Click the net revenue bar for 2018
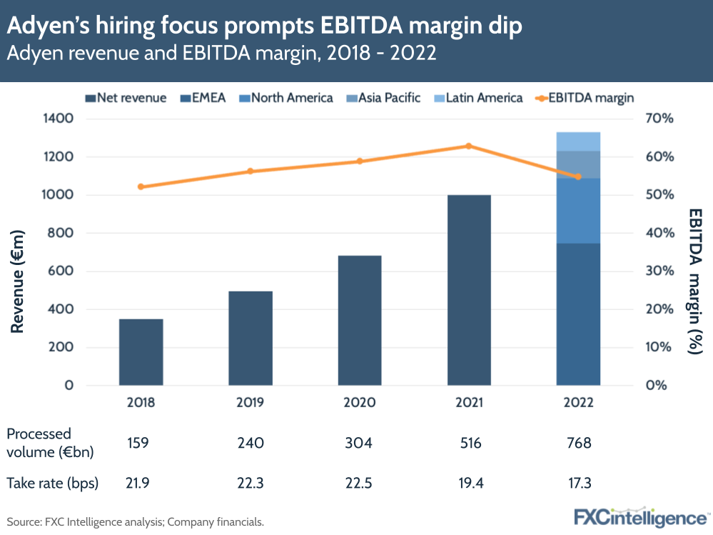141,352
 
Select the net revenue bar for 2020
360,320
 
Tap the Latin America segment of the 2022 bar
578,141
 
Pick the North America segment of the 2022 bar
578,211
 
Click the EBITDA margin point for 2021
469,146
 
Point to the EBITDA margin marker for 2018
141,186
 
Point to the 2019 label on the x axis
251,403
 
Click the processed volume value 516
469,443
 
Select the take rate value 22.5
360,483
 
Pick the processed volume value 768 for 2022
578,443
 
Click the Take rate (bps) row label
52,483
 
